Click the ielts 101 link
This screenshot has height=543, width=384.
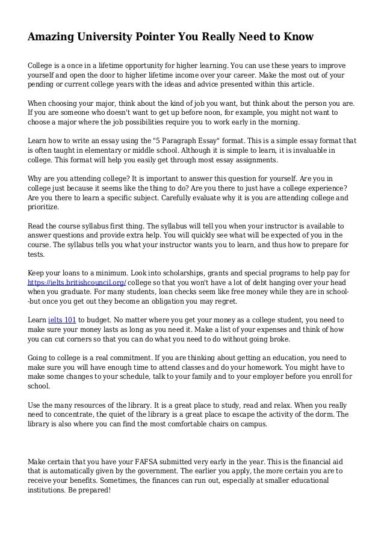pyautogui.click(x=62, y=321)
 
